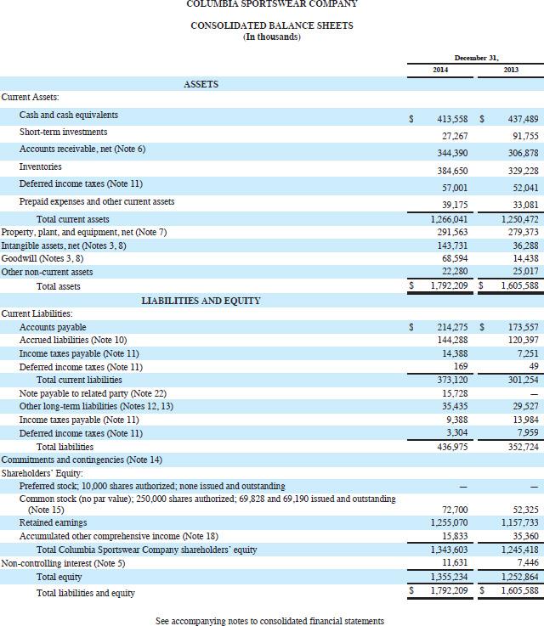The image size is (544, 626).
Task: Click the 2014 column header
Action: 440,70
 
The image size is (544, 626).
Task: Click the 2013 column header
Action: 511,70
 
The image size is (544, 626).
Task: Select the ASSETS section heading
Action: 201,84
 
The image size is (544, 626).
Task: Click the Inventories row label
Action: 41,166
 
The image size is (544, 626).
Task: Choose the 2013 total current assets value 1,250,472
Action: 515,219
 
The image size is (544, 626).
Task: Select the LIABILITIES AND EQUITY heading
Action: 201,301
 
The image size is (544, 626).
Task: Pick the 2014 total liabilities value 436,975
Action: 451,446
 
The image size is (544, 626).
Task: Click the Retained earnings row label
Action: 53,522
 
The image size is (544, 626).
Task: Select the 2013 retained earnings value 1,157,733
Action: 515,522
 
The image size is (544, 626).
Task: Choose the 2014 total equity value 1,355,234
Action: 448,576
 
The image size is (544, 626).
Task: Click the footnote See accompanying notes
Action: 269,621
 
